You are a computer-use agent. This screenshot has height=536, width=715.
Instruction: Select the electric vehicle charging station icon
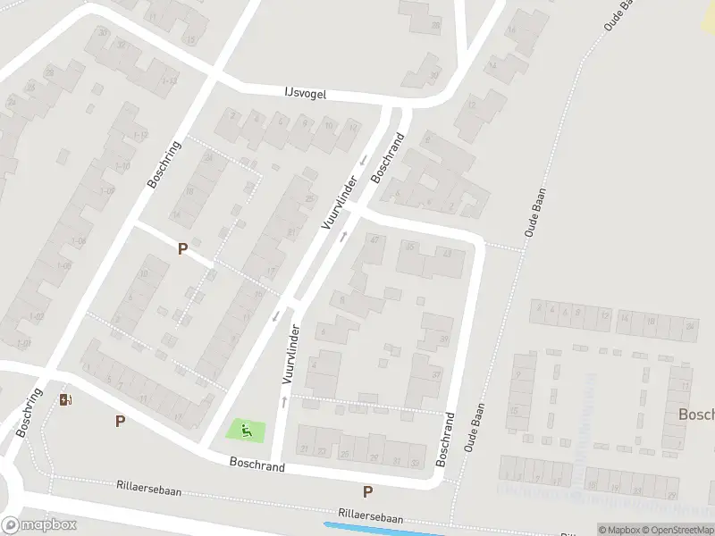point(65,398)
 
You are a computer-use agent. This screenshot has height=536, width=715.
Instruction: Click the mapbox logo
point(39,525)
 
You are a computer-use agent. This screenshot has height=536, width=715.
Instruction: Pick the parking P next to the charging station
point(120,421)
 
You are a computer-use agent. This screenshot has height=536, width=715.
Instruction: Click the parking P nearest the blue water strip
point(367,491)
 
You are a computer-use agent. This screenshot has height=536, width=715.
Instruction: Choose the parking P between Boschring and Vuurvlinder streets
point(182,249)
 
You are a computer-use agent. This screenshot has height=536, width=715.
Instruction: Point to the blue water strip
point(384,529)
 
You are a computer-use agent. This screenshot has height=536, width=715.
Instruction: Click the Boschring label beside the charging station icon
point(29,413)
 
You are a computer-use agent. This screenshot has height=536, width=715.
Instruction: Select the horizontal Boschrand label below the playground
point(257,465)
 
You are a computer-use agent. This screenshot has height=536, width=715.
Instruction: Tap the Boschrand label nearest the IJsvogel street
point(388,158)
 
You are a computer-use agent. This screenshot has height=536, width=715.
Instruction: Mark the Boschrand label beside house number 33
point(445,439)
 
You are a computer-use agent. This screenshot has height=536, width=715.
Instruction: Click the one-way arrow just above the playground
point(284,401)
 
